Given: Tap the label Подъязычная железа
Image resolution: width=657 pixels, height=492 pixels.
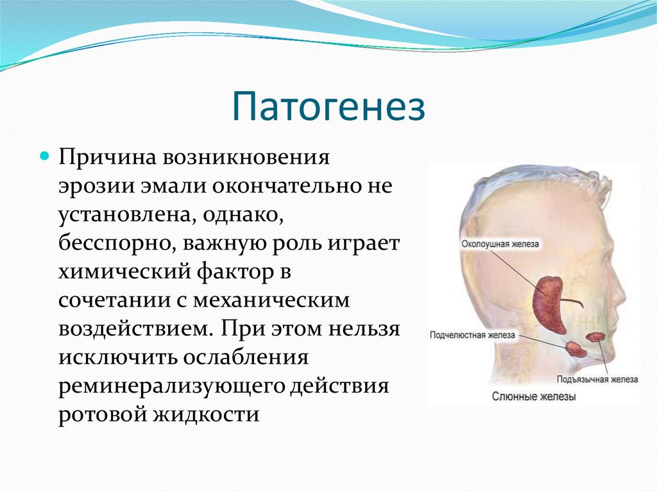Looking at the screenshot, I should [x=597, y=379].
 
